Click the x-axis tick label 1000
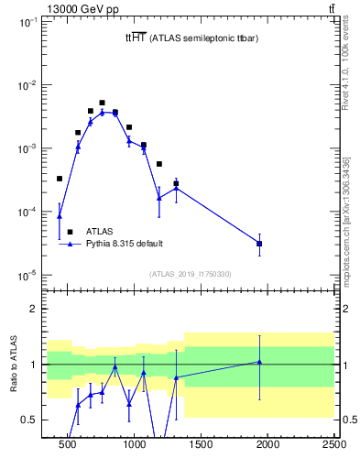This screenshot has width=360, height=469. [135, 446]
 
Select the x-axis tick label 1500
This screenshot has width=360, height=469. [202, 446]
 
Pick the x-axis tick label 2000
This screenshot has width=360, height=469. [267, 446]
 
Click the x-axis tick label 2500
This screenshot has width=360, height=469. [333, 446]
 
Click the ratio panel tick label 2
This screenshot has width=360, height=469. [34, 310]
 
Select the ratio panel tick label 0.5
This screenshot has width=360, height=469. [29, 420]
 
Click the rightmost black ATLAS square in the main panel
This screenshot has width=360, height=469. [259, 244]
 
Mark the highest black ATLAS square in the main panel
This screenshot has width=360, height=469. [102, 103]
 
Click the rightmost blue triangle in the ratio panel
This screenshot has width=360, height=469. [259, 362]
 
